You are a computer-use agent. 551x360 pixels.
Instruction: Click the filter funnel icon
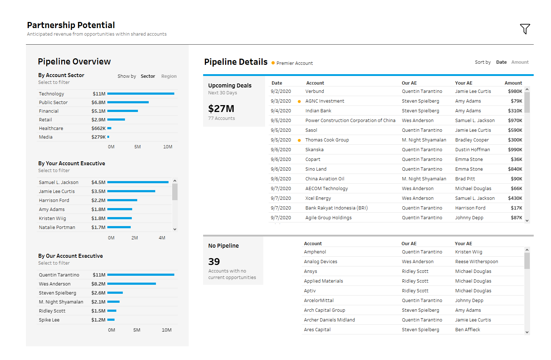click(x=525, y=29)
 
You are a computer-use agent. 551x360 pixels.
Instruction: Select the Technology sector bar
click(x=140, y=94)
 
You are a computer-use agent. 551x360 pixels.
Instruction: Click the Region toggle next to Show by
click(x=169, y=76)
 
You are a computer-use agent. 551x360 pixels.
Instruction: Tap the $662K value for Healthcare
click(x=98, y=129)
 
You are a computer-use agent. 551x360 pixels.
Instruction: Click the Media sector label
click(x=46, y=137)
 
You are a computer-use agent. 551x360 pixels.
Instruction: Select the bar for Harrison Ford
click(x=122, y=200)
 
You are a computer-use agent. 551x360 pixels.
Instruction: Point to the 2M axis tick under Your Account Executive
click(x=135, y=238)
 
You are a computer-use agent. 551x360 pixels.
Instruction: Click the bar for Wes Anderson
click(x=131, y=284)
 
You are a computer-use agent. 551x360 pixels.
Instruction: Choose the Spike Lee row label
click(x=49, y=320)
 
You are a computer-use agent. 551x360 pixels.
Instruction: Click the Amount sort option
click(x=520, y=62)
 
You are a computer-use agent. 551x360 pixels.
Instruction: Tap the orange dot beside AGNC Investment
click(x=299, y=102)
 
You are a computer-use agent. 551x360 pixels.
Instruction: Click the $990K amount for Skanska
click(x=515, y=150)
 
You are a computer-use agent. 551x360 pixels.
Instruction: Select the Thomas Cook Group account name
click(x=327, y=140)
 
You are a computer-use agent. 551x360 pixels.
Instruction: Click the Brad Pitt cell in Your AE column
click(x=465, y=179)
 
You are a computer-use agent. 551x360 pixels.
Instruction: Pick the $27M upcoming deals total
click(x=221, y=109)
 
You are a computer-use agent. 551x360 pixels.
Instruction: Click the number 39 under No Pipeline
click(x=214, y=262)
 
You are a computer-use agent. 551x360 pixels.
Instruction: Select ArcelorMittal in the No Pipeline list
click(x=319, y=301)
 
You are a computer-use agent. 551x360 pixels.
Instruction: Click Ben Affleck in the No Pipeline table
click(x=467, y=330)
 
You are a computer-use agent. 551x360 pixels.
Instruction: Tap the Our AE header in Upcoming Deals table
click(x=409, y=83)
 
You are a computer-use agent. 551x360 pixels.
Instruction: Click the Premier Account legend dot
click(x=273, y=63)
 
